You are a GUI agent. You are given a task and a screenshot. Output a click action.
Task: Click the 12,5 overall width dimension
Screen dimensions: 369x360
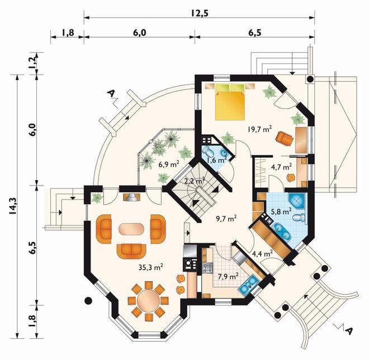[x=200, y=13]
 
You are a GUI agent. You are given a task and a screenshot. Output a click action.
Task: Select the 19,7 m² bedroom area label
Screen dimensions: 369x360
[x=259, y=129]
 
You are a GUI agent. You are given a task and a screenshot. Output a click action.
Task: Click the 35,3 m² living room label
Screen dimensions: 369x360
[x=150, y=267]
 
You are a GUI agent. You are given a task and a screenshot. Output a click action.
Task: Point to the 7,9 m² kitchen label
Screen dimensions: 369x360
[x=228, y=277]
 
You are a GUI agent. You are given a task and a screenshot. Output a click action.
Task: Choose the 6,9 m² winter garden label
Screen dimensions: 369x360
[x=169, y=164]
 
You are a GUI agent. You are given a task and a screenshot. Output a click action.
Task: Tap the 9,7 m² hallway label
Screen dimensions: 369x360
[x=226, y=219]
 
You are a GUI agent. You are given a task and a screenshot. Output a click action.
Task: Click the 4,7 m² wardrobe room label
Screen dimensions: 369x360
[x=282, y=167]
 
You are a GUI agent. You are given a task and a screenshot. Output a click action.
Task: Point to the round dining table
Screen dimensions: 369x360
[x=148, y=300]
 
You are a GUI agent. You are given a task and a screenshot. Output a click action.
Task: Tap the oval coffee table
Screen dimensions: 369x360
[x=131, y=229]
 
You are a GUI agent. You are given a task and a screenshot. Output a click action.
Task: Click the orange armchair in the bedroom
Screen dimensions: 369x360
[x=285, y=138]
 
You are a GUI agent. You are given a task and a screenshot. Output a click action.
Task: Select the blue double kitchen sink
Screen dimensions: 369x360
[x=249, y=284]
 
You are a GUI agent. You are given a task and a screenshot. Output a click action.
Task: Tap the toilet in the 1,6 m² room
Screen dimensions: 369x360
[x=208, y=151]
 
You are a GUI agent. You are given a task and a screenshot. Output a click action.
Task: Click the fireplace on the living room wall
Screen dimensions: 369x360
[x=131, y=197]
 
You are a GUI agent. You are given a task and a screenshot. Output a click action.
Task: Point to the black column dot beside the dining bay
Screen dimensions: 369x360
[x=88, y=300]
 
